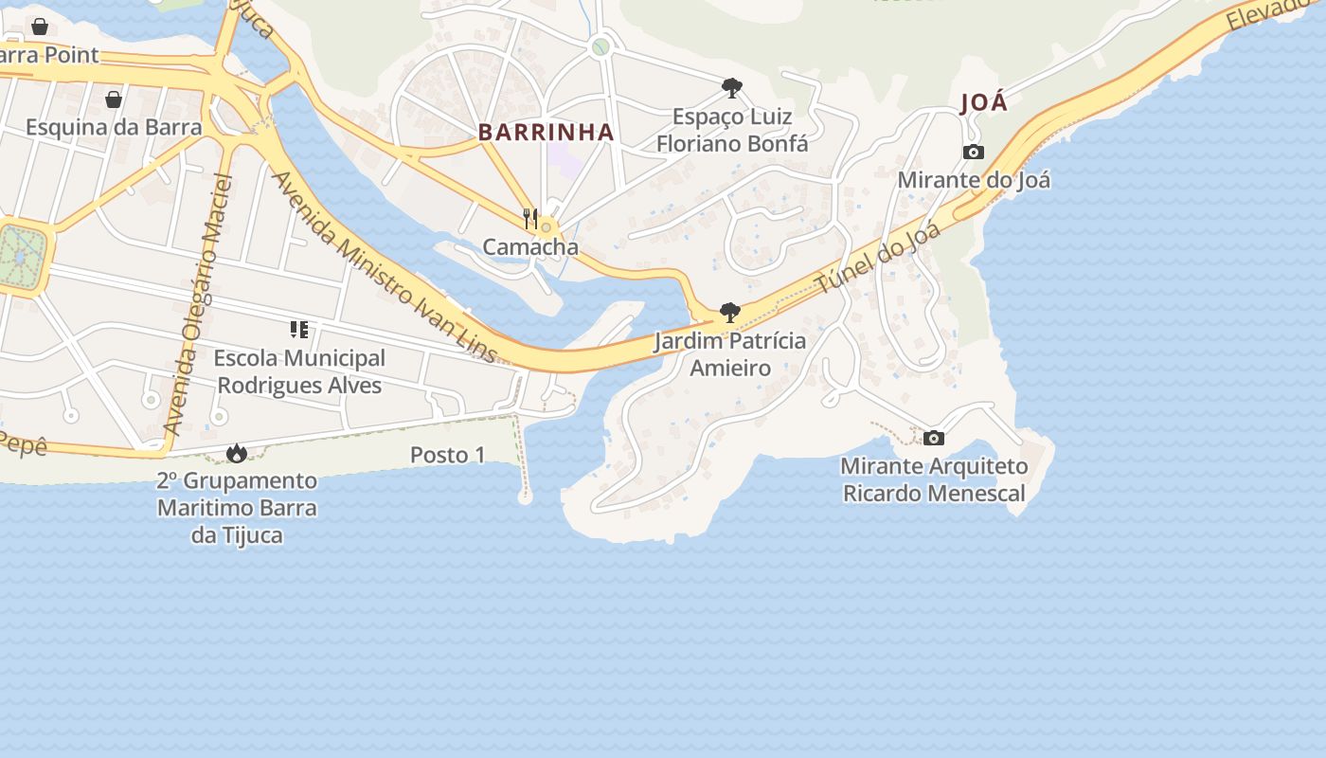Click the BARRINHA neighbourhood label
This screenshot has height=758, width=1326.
coord(547,133)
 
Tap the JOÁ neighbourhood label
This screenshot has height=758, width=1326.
coord(984,102)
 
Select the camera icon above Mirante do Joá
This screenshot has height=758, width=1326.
coord(973,152)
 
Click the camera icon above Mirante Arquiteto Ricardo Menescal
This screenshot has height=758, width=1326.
coord(934,438)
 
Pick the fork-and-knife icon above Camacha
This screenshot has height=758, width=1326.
coord(530,219)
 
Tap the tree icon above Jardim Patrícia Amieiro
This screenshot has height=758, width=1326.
coord(729,312)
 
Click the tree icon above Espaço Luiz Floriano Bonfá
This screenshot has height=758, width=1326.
coord(731,88)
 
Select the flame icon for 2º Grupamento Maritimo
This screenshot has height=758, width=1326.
coord(237,454)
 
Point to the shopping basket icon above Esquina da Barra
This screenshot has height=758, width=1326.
coord(114,99)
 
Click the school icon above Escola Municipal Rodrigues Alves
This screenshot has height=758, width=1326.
coord(299,330)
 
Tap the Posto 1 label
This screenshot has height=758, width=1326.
coord(447,455)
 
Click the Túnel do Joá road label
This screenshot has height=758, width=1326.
coord(878,258)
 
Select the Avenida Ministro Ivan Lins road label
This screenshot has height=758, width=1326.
coord(384,267)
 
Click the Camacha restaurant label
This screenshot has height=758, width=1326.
coord(530,247)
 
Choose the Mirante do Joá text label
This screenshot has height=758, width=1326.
coord(974,180)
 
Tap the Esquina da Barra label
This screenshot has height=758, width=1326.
coord(114,127)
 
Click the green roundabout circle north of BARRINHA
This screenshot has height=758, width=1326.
coord(600,46)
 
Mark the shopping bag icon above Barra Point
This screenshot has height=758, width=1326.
coord(40,27)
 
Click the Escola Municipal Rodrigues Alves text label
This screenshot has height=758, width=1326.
coord(299,372)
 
